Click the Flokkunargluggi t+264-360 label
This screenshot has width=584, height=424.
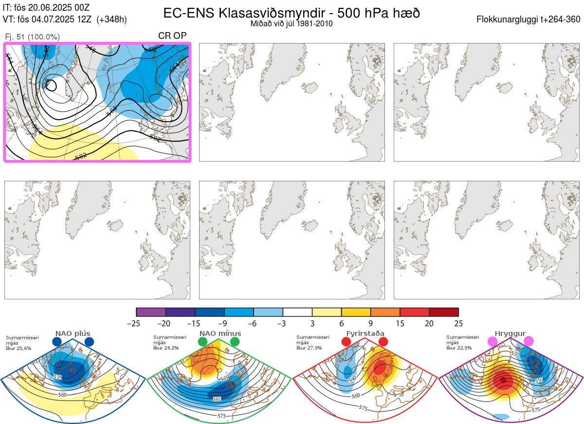point(529,19)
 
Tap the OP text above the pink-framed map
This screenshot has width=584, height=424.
point(181,36)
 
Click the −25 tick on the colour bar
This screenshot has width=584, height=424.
point(136,323)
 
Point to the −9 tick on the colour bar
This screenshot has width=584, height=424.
point(224,323)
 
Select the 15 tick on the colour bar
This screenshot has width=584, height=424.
point(400,323)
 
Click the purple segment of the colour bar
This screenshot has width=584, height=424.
point(151,312)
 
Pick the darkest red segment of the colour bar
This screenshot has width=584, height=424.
point(444,312)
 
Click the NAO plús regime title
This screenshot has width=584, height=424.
point(73,333)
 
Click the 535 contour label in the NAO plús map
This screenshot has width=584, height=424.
point(58,377)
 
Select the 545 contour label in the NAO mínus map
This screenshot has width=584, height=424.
point(224,378)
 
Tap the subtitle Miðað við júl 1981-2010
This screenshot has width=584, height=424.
point(292,23)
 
